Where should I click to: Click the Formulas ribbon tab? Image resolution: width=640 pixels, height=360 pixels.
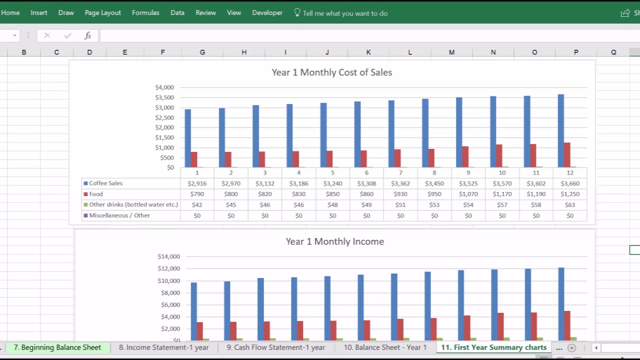(145, 13)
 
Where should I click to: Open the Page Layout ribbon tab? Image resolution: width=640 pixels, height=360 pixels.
(102, 13)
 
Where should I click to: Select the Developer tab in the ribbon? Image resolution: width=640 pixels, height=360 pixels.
(267, 13)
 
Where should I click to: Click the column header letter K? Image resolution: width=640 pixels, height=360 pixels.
(368, 52)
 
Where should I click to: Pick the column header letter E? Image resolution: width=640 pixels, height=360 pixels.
(124, 52)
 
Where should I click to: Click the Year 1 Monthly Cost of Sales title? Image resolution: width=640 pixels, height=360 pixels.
(331, 72)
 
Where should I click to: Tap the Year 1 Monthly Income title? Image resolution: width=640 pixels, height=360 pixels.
(334, 241)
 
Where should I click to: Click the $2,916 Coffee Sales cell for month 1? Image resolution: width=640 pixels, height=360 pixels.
(197, 183)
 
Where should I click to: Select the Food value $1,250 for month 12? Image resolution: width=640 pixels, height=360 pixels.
(570, 194)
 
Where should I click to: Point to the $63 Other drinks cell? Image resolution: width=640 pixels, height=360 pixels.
(570, 205)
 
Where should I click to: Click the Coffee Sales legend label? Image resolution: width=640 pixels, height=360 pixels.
(105, 183)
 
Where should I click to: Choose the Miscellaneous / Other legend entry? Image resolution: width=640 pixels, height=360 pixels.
(119, 215)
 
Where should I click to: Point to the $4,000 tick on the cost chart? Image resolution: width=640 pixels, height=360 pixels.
(164, 87)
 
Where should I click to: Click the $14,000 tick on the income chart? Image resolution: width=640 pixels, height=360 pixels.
(168, 256)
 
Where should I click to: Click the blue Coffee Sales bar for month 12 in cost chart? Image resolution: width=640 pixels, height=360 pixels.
(561, 131)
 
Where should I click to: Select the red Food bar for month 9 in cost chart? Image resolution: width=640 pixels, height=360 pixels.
(465, 157)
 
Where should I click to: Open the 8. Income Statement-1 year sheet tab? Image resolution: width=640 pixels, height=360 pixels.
(163, 347)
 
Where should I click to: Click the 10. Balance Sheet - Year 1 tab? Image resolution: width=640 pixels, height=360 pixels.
(385, 347)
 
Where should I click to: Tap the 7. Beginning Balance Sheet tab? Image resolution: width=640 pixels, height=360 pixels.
(57, 347)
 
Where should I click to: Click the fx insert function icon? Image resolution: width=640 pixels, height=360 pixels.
(87, 35)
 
